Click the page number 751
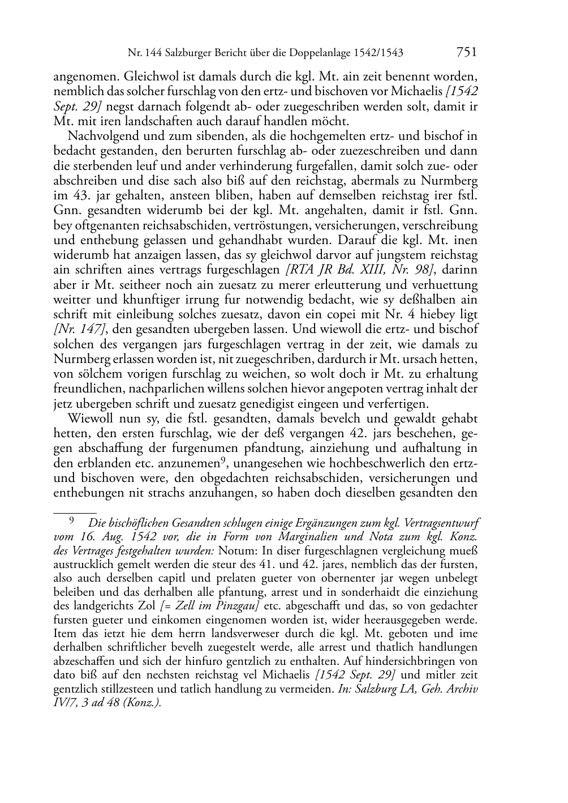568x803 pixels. [466, 53]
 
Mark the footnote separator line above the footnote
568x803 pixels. [75, 510]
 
